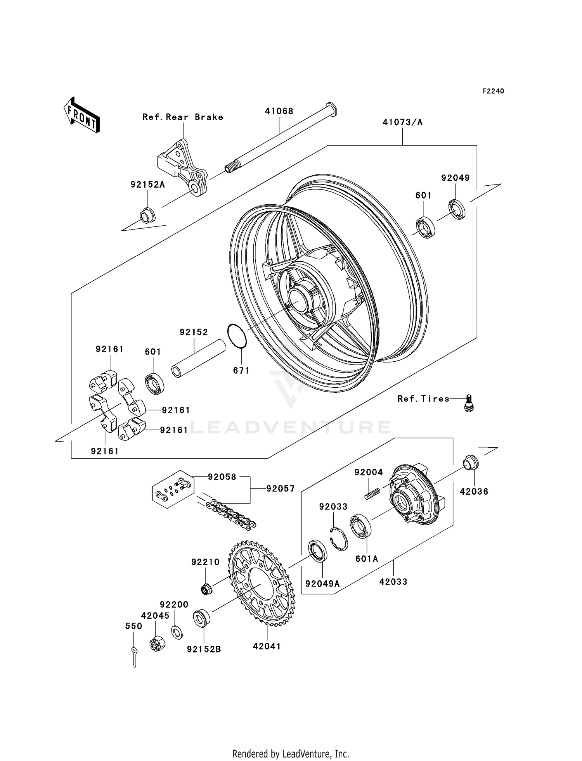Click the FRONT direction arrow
(81, 115)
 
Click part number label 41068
(279, 111)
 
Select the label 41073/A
(402, 123)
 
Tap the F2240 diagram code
(493, 91)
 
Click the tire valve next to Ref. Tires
(469, 403)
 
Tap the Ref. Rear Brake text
(183, 117)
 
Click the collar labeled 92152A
(147, 215)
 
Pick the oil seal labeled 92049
(457, 210)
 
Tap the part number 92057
(280, 489)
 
